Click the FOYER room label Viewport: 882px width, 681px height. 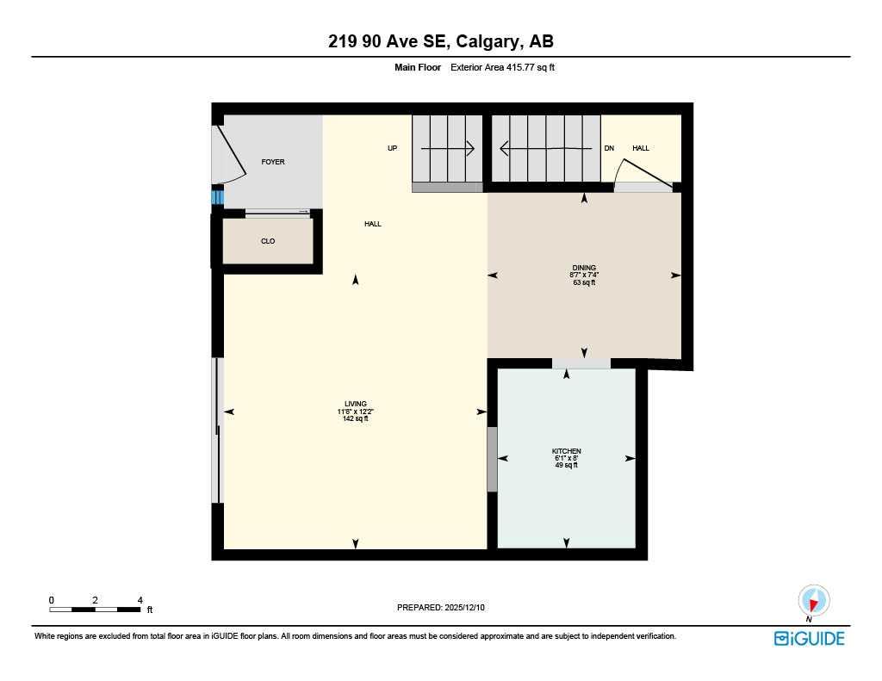[273, 162]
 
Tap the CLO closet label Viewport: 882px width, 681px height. [268, 241]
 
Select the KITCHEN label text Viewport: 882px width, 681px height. [566, 451]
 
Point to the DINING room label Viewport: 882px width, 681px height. [584, 268]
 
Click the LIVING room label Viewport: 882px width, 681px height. [355, 404]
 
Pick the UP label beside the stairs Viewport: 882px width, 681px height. [392, 148]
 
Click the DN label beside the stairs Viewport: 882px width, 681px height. [609, 148]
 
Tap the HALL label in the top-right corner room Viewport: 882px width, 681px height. [641, 148]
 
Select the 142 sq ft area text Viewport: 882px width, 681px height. [355, 419]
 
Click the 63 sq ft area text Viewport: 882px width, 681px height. [584, 282]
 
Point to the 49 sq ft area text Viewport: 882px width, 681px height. [566, 465]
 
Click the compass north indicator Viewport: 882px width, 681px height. [813, 600]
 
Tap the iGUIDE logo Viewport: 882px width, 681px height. [809, 638]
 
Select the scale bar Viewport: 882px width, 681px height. [95, 610]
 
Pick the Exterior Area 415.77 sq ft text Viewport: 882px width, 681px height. [503, 67]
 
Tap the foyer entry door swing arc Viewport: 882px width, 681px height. [231, 155]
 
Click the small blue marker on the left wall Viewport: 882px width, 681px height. [217, 197]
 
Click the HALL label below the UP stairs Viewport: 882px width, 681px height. [372, 224]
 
